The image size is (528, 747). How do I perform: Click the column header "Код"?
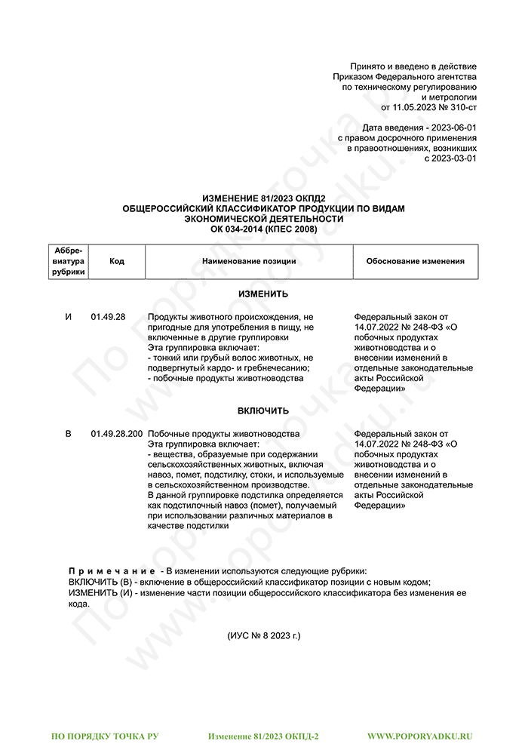pyautogui.click(x=116, y=261)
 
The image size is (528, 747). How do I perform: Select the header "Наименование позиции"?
pyautogui.click(x=249, y=261)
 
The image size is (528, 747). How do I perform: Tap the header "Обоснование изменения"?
pyautogui.click(x=415, y=261)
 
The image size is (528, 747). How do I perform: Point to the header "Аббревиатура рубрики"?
pyautogui.click(x=69, y=261)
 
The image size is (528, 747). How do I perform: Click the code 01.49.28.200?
pyautogui.click(x=116, y=434)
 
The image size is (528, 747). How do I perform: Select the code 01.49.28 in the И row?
pyautogui.click(x=108, y=317)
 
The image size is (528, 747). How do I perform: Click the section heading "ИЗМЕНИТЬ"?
pyautogui.click(x=263, y=294)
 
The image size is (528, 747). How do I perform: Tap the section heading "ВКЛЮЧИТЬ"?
pyautogui.click(x=263, y=410)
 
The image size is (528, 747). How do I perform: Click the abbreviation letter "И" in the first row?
pyautogui.click(x=69, y=317)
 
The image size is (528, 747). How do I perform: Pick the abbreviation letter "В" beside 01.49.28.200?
pyautogui.click(x=69, y=434)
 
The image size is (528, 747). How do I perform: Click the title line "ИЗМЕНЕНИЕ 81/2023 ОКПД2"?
pyautogui.click(x=263, y=198)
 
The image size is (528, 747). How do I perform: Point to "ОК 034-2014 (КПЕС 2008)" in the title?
pyautogui.click(x=263, y=229)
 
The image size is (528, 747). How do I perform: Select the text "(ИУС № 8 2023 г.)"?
pyautogui.click(x=263, y=635)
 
